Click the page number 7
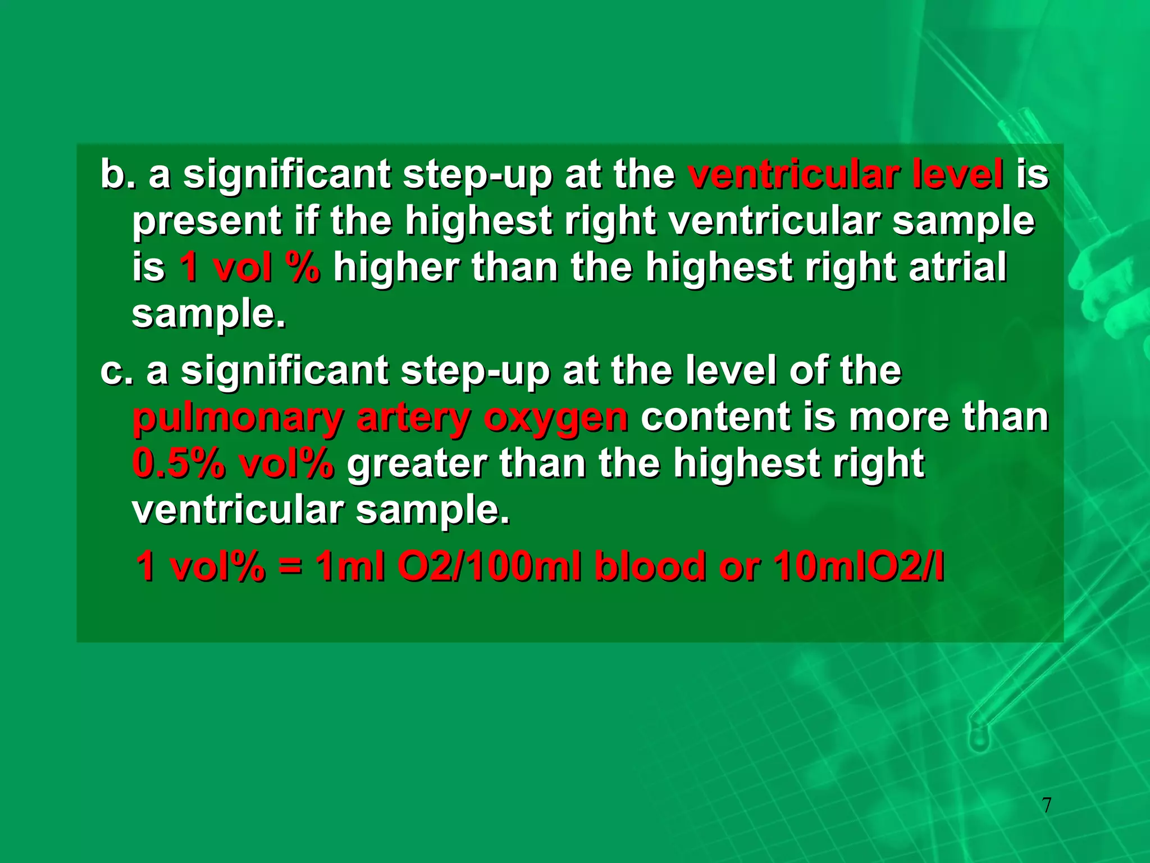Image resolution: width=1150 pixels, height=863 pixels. [1047, 805]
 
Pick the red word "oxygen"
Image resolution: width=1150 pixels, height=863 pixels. [556, 419]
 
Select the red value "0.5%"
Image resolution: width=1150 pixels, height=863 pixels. [179, 464]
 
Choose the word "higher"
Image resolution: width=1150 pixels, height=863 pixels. [396, 267]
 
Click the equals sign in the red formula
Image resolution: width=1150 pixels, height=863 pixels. [289, 566]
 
